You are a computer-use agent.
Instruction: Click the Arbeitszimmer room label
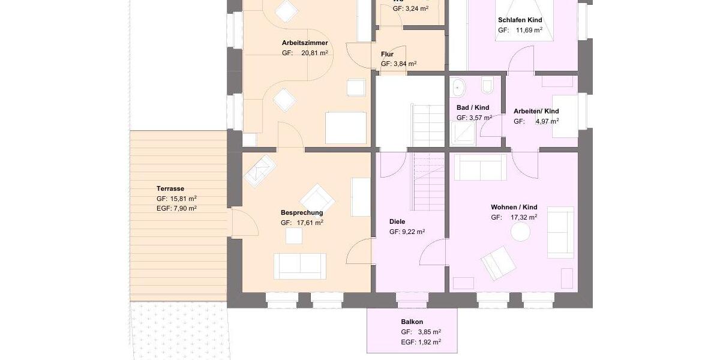pos(305,43)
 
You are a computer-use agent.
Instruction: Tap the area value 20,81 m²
pos(315,53)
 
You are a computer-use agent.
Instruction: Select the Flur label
pos(387,53)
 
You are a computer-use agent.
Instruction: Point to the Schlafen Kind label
pos(520,20)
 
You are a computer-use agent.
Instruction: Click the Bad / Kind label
pos(472,107)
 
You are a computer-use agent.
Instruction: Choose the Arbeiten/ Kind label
pos(536,111)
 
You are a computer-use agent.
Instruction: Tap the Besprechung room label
pos(302,212)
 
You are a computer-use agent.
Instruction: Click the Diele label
pos(397,221)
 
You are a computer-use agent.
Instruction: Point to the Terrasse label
pos(170,188)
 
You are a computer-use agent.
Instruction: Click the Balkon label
pos(412,322)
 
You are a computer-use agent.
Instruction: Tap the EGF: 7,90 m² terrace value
pos(176,208)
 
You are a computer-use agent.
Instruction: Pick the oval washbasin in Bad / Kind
pos(459,88)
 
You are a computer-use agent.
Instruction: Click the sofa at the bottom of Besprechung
pos(299,265)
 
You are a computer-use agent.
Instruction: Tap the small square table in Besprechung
pos(293,236)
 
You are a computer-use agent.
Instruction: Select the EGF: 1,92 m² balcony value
pos(421,341)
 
